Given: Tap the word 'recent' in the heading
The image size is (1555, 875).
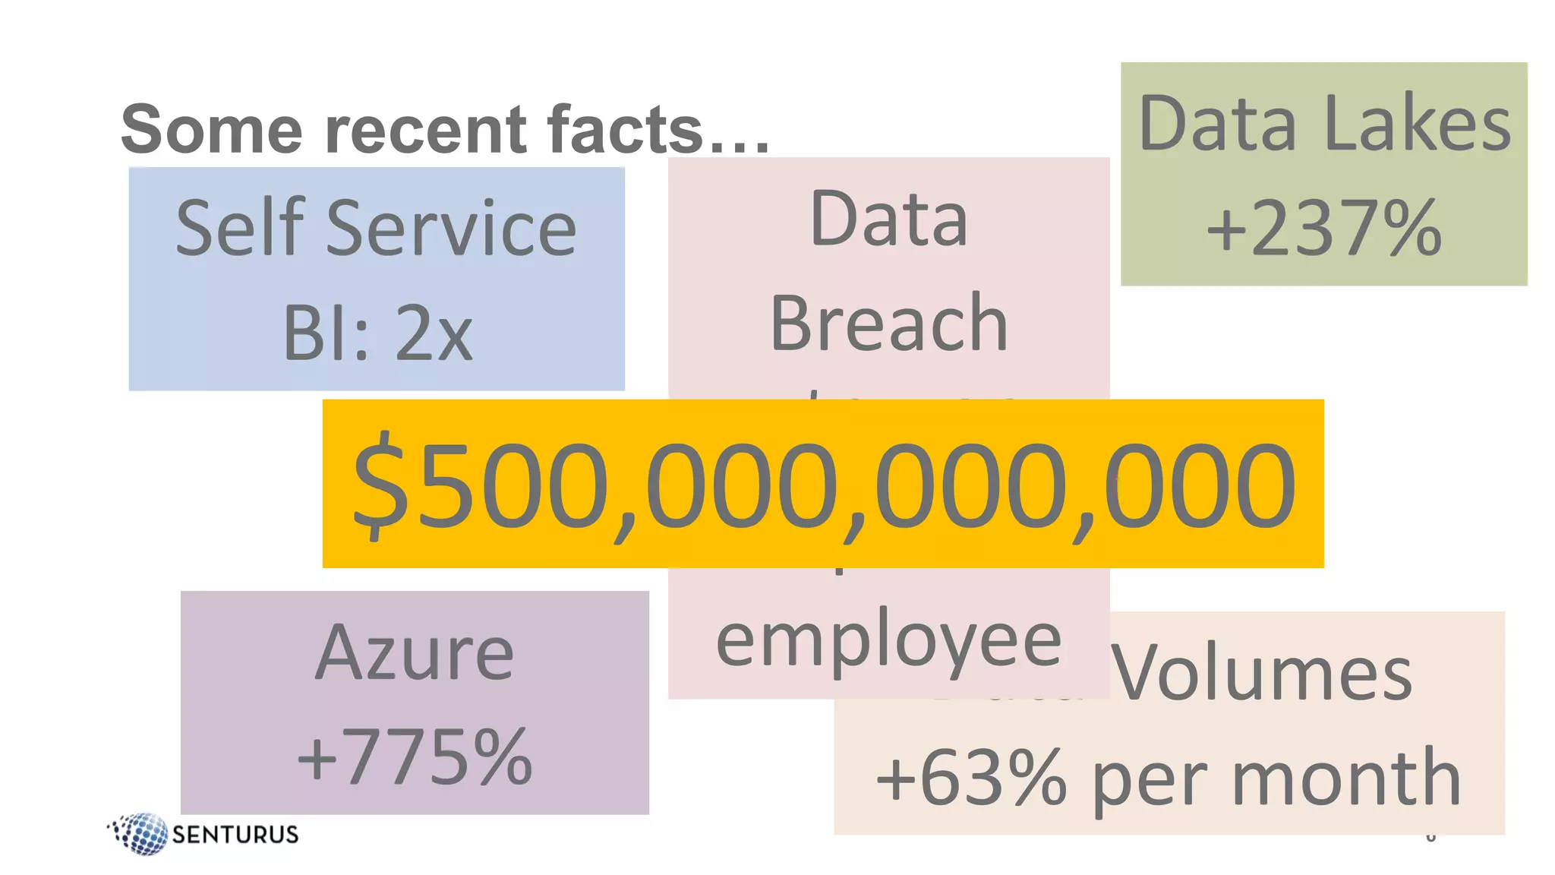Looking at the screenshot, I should (x=425, y=129).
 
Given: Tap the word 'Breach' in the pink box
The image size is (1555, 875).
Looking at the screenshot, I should (x=888, y=324).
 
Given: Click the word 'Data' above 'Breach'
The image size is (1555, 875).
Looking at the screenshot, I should (x=888, y=220).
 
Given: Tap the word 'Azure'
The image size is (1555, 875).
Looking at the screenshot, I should (x=415, y=653).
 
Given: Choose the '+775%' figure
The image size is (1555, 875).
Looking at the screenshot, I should (x=415, y=757).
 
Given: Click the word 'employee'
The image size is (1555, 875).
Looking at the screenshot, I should (x=888, y=643).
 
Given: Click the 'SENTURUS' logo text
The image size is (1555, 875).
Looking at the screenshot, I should (x=235, y=835).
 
